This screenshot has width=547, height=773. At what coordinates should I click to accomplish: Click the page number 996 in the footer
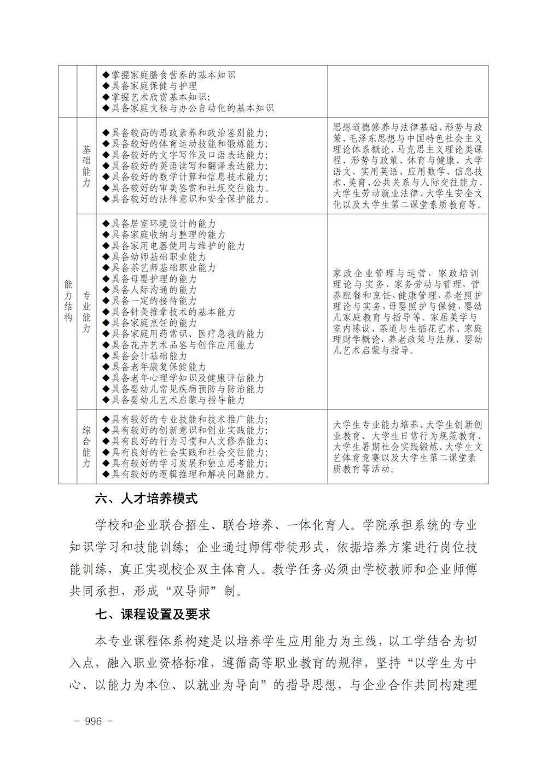(x=94, y=721)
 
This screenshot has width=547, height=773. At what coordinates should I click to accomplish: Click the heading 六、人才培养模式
(x=146, y=499)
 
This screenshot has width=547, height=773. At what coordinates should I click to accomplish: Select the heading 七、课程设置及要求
(x=153, y=614)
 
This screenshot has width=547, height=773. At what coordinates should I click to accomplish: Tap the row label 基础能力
(x=86, y=166)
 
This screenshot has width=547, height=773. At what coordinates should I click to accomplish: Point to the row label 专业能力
(x=86, y=312)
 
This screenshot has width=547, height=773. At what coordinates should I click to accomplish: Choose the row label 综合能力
(x=86, y=447)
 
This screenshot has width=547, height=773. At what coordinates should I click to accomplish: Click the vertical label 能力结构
(x=68, y=301)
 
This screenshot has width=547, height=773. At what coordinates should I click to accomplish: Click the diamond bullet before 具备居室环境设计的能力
(x=106, y=224)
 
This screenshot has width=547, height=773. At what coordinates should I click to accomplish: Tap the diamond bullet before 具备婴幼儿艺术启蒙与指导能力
(x=106, y=400)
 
